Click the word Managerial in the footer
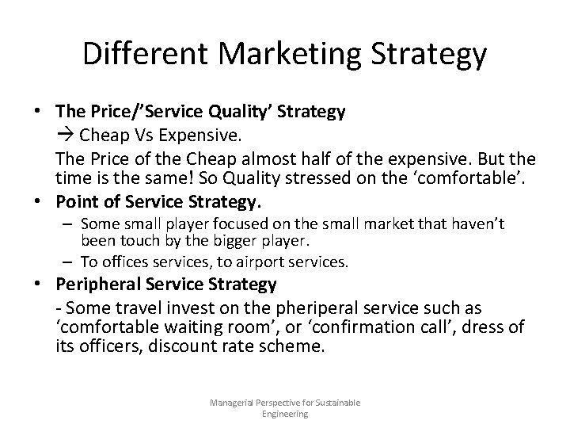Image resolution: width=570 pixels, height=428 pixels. click(232, 403)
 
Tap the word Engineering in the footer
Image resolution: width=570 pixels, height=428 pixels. click(285, 413)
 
